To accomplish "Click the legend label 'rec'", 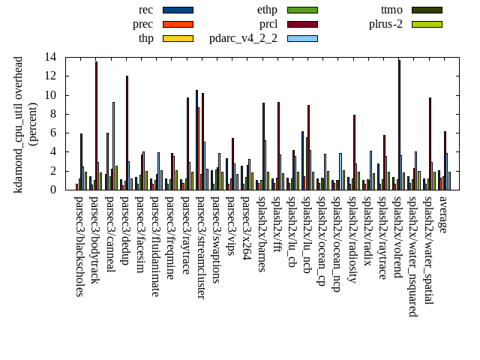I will click(146, 10).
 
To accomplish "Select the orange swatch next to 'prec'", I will click(178, 24).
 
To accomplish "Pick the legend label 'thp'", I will click(146, 38).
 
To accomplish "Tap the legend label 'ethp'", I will click(267, 10).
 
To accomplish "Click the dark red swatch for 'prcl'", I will click(302, 24).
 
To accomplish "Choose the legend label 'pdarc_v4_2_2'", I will click(243, 38).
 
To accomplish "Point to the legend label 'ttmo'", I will click(391, 10).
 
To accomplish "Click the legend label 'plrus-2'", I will click(385, 24).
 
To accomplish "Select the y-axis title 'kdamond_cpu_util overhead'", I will click(19, 124).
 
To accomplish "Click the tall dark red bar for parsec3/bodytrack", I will click(96, 125).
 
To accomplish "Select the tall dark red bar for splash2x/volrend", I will click(399, 124).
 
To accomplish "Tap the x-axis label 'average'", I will click(442, 214).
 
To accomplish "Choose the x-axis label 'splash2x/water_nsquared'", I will click(412, 252).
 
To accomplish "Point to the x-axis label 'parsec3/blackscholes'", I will click(79, 246).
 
